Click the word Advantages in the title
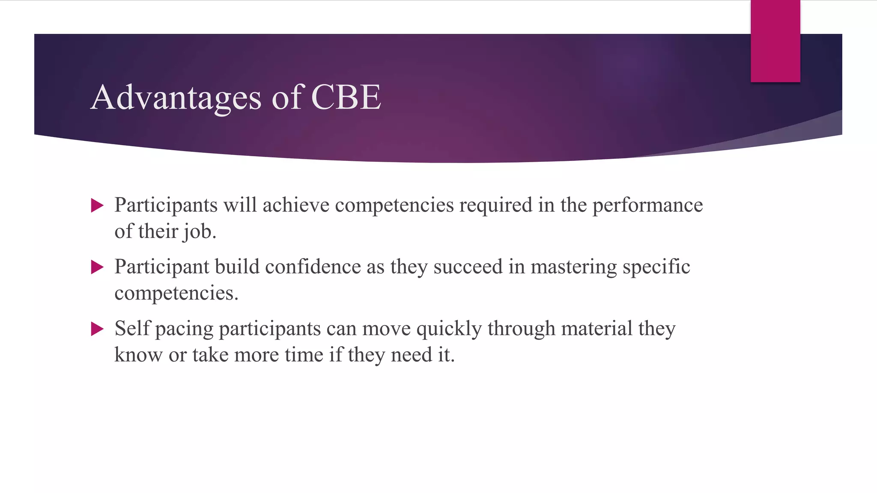[176, 98]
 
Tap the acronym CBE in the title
[346, 97]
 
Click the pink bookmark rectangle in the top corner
[775, 41]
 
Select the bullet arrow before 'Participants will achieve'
[98, 206]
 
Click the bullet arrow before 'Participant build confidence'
[98, 267]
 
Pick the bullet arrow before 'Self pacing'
[98, 329]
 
